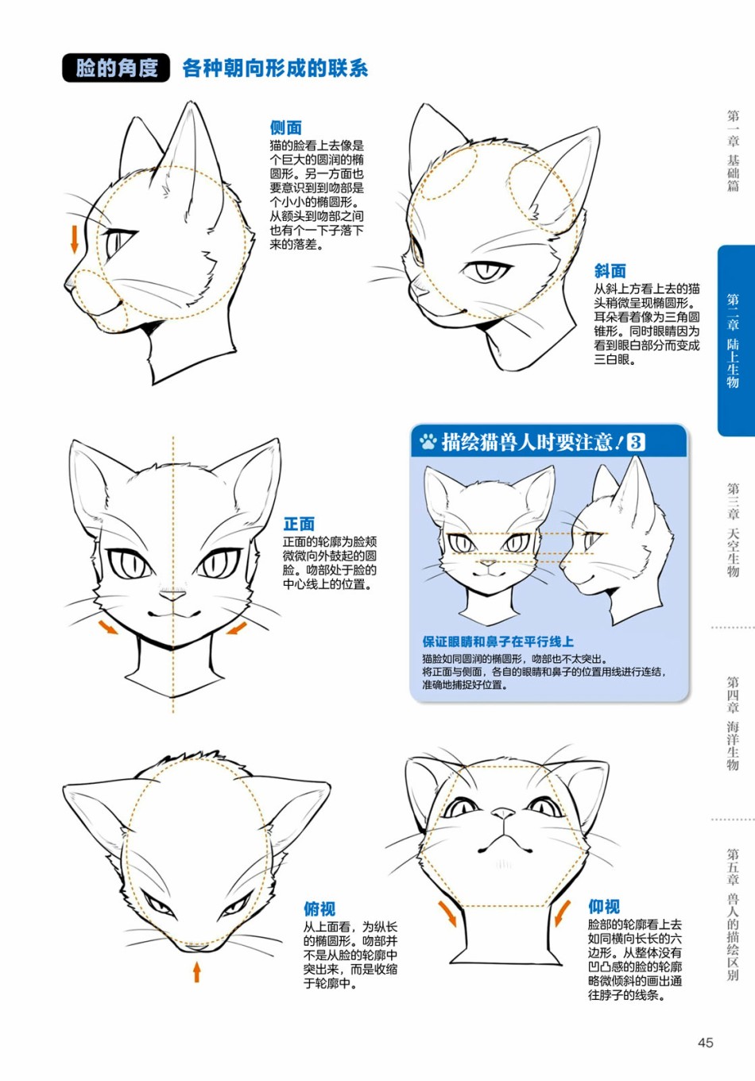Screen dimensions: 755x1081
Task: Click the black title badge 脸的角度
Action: tap(116, 68)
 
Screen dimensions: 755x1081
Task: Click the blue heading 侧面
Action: tap(285, 128)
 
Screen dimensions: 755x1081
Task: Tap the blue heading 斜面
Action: tap(610, 271)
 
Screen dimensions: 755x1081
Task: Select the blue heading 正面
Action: tap(299, 524)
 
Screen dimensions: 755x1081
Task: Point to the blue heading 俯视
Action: tap(319, 909)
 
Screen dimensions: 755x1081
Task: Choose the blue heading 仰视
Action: tap(604, 907)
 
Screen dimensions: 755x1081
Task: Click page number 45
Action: tap(705, 1043)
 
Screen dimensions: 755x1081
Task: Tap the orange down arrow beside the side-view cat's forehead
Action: tap(74, 239)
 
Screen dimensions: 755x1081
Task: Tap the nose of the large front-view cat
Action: tap(172, 596)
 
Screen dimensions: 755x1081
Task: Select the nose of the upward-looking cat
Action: tap(503, 814)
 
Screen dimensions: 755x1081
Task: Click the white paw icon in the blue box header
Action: tap(428, 441)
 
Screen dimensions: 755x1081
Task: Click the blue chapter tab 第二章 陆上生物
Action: tap(734, 341)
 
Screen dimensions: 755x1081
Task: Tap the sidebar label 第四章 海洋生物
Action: tap(733, 723)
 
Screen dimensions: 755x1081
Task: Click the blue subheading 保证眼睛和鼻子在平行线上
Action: tap(498, 641)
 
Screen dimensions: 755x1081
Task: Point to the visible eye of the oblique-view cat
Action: tap(486, 270)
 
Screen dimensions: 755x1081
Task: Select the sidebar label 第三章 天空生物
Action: tap(733, 529)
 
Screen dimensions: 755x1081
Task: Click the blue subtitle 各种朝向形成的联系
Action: tap(275, 68)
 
